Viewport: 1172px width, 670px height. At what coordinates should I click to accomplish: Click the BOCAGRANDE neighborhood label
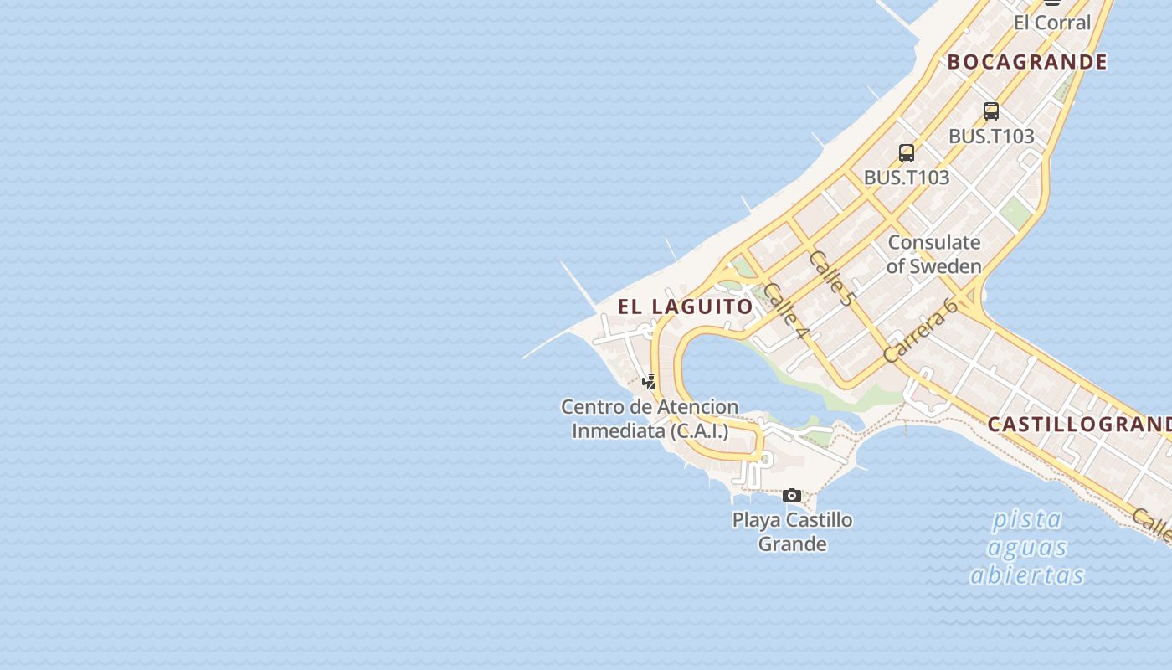point(1027,62)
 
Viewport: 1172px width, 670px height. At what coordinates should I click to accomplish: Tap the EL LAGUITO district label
point(686,307)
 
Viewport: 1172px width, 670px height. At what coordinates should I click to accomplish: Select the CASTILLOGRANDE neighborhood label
point(1079,425)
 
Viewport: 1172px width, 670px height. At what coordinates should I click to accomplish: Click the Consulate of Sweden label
point(933,254)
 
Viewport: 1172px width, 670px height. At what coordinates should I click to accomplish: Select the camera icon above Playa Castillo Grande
point(791,496)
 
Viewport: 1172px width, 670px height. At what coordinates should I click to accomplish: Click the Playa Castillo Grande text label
point(792,531)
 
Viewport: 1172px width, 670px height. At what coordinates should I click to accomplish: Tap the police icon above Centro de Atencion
point(649,382)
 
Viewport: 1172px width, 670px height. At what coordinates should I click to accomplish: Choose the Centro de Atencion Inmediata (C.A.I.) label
point(650,419)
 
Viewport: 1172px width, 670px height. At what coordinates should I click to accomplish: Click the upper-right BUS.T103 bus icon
point(991,111)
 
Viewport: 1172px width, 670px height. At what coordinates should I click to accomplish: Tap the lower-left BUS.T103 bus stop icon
point(907,153)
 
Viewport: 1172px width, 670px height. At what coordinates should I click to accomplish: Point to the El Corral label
point(1052,23)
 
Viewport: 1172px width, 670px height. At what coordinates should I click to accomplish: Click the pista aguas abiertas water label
point(1027,547)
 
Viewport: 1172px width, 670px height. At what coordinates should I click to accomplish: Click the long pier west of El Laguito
point(578,281)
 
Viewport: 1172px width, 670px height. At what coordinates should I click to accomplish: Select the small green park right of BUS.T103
point(1015,213)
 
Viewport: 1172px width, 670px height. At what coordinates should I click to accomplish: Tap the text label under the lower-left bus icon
point(907,178)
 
